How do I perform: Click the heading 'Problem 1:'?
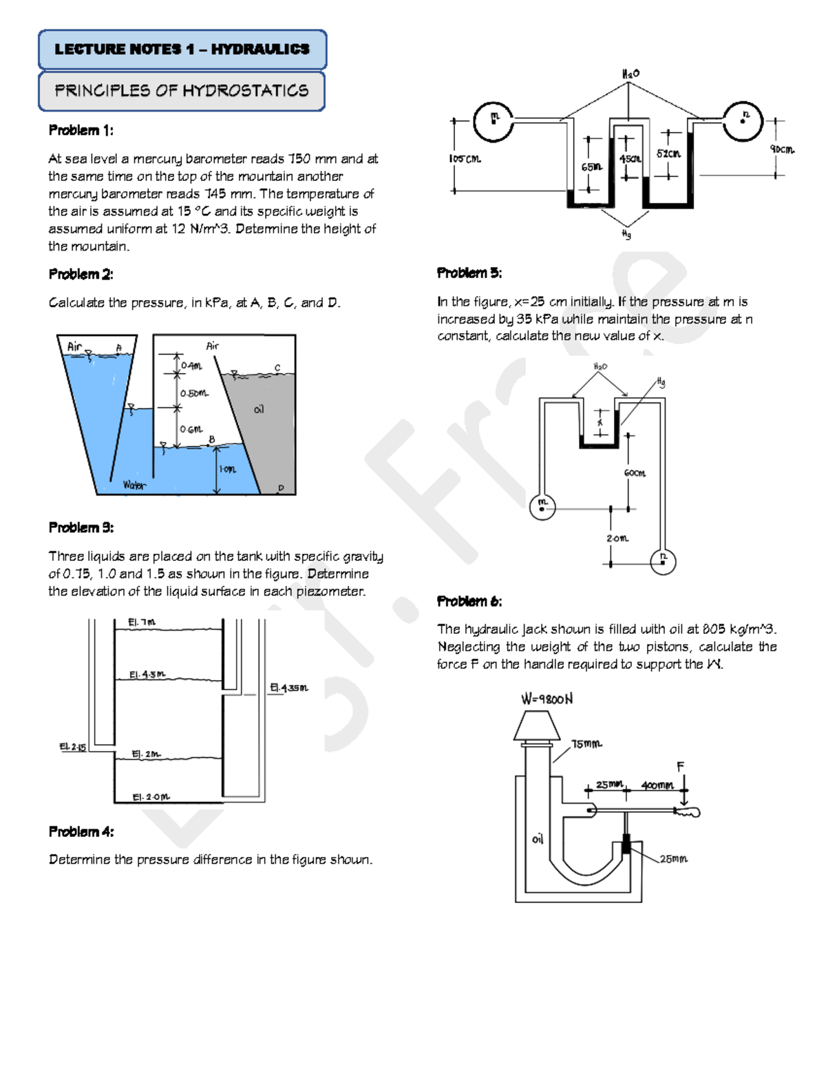click(x=81, y=130)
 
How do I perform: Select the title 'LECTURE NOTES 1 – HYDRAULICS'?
click(x=182, y=50)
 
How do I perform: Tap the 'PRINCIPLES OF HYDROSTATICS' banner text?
click(x=181, y=91)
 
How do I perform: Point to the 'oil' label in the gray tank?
click(x=259, y=410)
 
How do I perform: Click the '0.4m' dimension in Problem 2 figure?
click(x=191, y=366)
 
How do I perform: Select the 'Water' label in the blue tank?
click(x=134, y=485)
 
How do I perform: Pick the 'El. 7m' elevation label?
click(x=142, y=622)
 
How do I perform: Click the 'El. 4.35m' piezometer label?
click(x=289, y=688)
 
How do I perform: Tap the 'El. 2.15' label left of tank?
click(x=72, y=747)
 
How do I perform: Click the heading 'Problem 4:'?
click(x=81, y=832)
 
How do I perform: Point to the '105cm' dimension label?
click(x=465, y=159)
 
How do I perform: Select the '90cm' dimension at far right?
click(x=783, y=149)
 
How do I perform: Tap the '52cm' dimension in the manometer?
click(x=668, y=154)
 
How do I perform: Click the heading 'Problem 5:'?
click(x=469, y=273)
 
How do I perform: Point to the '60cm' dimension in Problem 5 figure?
click(x=635, y=473)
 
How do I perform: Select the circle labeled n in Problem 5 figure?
click(x=663, y=561)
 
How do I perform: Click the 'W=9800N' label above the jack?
click(x=547, y=699)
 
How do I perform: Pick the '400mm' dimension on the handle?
click(x=657, y=785)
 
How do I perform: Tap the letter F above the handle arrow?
click(x=680, y=767)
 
